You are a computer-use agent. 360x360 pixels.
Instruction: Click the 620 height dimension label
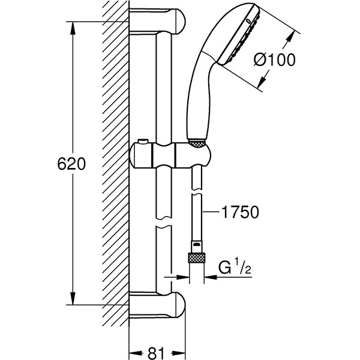point(71,164)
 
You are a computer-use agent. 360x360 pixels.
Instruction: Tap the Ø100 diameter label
point(275,59)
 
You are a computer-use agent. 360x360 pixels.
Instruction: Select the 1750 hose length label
point(239,212)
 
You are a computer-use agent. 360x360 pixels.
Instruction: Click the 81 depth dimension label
point(156,353)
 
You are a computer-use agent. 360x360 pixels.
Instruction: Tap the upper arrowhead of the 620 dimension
point(73,28)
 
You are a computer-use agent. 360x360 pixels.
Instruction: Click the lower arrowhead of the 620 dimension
point(73,298)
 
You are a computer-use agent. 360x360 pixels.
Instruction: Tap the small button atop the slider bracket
point(143,142)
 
